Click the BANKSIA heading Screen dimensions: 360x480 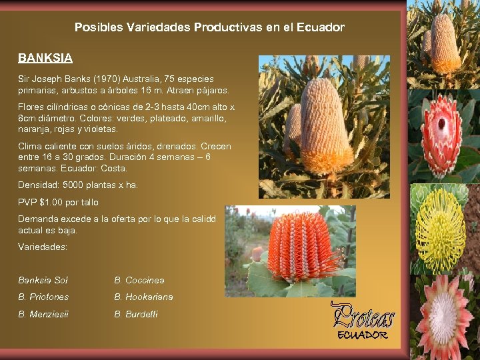click(45, 58)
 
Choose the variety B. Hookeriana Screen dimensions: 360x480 click(143, 297)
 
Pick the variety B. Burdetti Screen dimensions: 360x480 click(136, 314)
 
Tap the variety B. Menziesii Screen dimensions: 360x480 click(43, 314)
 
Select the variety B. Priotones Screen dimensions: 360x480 click(43, 297)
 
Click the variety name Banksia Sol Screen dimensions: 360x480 click(43, 281)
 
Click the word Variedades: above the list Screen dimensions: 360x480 click(43, 247)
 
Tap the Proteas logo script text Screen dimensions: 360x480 click(363, 317)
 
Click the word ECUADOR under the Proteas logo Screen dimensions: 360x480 click(362, 335)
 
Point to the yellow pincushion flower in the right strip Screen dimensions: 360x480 click(441, 230)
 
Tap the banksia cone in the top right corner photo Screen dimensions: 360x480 click(445, 43)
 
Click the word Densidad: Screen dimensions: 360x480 click(37, 185)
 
